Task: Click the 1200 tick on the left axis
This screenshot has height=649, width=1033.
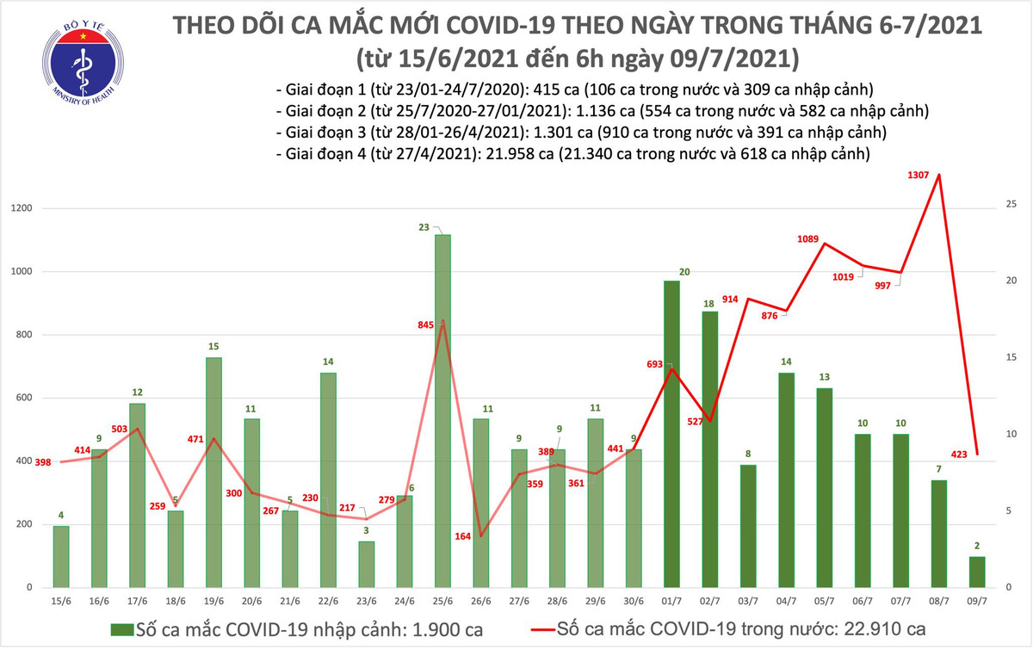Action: (22, 209)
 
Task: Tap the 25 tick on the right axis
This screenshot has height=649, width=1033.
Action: (1012, 204)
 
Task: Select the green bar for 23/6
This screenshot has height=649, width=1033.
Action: (367, 564)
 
